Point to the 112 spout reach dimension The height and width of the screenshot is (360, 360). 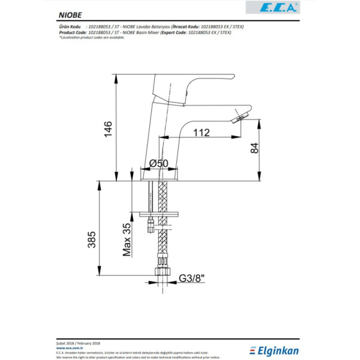pos(202,133)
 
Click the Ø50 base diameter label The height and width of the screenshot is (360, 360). pos(158,163)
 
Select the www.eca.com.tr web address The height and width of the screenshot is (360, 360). pos(71,346)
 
